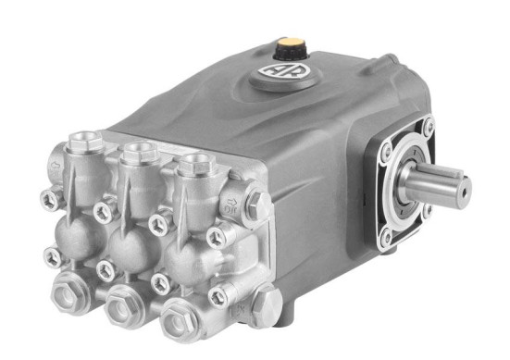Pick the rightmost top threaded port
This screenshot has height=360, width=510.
tap(193, 164)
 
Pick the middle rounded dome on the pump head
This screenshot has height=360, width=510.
tap(130, 242)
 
